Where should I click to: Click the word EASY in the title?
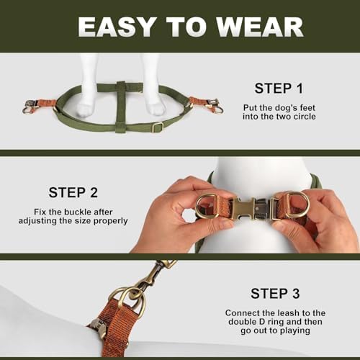point(116,27)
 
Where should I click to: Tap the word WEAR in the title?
point(260,27)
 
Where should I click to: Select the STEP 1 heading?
point(279,89)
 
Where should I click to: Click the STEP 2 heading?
point(73,192)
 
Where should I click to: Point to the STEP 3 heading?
point(275,293)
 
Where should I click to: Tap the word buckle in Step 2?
point(78,212)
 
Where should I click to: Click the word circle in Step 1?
point(305,117)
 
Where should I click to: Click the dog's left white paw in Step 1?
point(85,109)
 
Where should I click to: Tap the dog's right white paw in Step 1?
point(156,108)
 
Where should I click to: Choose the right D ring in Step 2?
point(297,204)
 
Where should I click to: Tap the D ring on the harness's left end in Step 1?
point(27,110)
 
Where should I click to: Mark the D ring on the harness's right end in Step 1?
point(217,109)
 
